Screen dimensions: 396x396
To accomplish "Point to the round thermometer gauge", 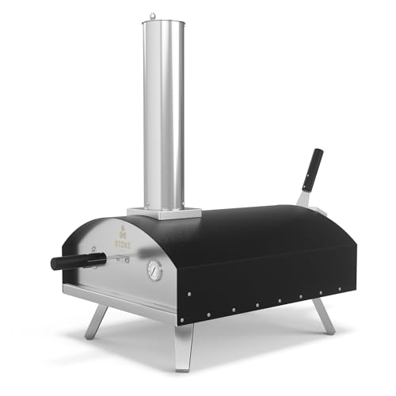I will click(155, 271).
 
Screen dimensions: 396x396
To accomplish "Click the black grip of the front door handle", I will click(67, 261).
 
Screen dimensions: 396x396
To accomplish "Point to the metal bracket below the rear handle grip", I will click(304, 196).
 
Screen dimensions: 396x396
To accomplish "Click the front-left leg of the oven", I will click(98, 321).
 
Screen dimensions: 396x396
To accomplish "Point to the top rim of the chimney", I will click(163, 24).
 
